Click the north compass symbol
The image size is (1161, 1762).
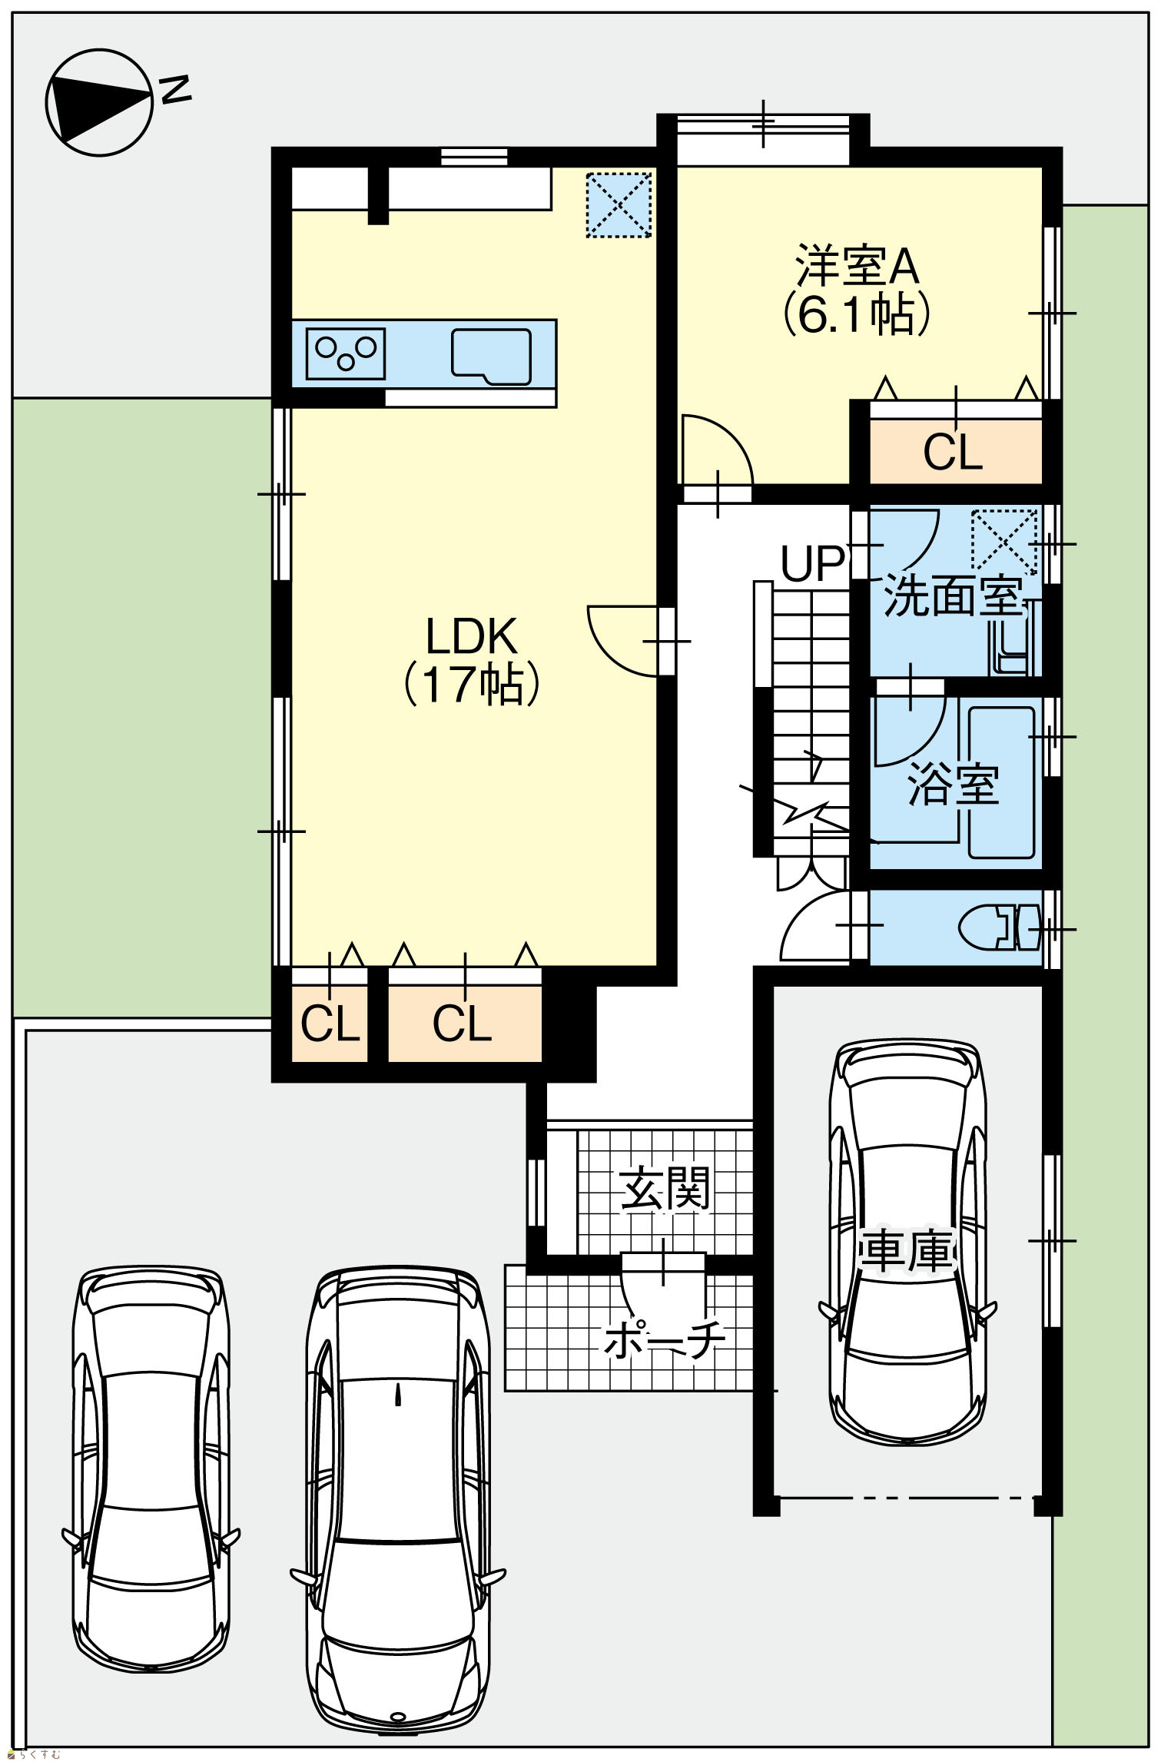click(100, 102)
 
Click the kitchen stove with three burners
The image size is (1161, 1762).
click(346, 353)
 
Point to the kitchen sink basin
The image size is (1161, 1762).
click(491, 357)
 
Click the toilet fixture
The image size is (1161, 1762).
click(999, 928)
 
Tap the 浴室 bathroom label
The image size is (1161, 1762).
click(953, 785)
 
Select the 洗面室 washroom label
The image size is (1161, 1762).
click(953, 596)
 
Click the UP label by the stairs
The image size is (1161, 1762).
click(812, 563)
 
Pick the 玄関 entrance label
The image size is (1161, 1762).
click(665, 1188)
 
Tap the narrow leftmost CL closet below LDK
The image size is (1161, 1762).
click(330, 1024)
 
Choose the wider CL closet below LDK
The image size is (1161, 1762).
click(464, 1024)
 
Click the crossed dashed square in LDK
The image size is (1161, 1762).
click(619, 204)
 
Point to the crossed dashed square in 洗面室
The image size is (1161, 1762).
click(1004, 542)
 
